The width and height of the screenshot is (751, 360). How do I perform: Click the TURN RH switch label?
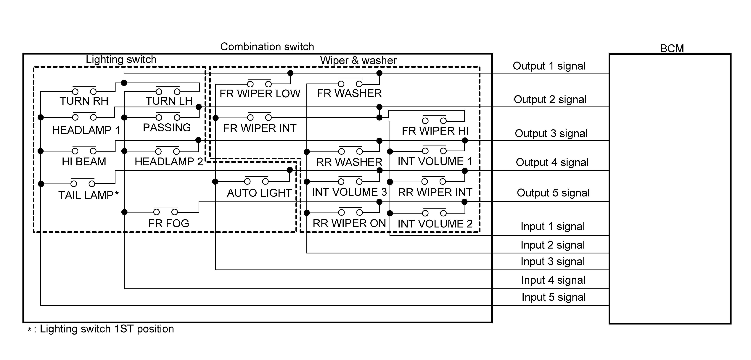tap(84, 101)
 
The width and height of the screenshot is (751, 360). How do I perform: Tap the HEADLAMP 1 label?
tap(86, 130)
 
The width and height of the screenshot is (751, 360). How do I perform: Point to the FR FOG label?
tap(168, 223)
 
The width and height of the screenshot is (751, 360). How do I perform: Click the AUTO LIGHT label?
tap(259, 193)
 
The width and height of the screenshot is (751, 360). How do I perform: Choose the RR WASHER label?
tap(349, 162)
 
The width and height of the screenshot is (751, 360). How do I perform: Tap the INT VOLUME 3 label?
tap(349, 192)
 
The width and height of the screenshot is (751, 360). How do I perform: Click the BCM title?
tap(672, 48)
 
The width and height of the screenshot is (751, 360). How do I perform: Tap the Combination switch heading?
tap(267, 47)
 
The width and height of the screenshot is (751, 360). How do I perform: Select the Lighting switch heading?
tap(121, 59)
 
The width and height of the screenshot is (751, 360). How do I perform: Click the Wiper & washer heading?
tap(358, 60)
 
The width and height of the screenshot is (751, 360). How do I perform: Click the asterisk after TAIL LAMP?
tap(117, 193)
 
